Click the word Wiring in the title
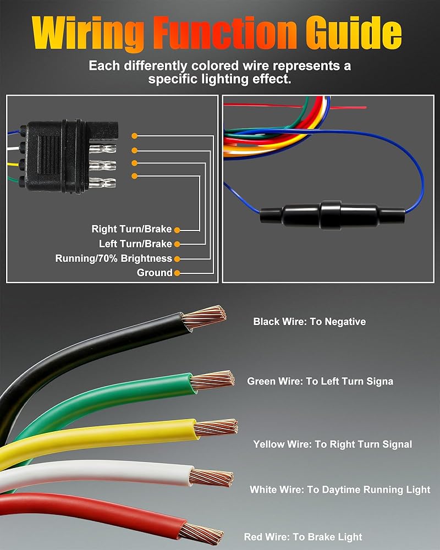[87, 34]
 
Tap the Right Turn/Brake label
[131, 229]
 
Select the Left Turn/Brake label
[135, 244]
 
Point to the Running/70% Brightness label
[114, 258]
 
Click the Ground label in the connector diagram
[155, 273]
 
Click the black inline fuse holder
[332, 215]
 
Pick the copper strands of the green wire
[213, 380]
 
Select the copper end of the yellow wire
[216, 427]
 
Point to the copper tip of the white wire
[212, 477]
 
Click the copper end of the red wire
[201, 533]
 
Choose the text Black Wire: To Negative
[310, 322]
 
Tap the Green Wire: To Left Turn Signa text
[320, 381]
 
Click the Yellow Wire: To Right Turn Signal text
[333, 444]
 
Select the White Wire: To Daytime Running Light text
[340, 490]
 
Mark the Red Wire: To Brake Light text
[303, 537]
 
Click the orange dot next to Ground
[177, 273]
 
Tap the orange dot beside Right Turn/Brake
[177, 230]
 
